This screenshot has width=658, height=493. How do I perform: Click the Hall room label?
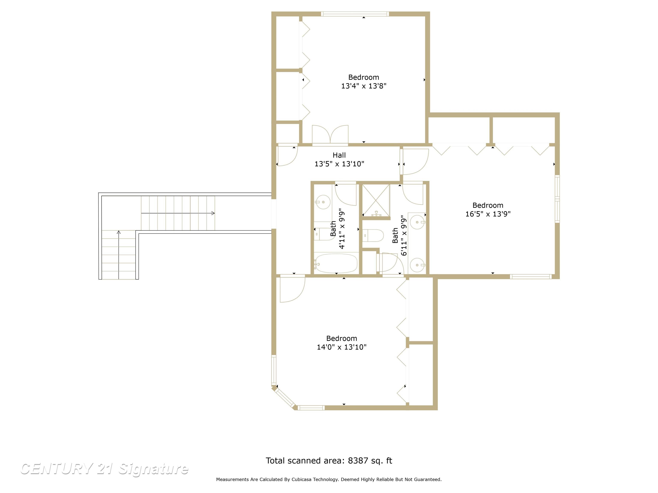click(339, 155)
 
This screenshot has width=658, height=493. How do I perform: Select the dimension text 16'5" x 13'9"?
click(488, 214)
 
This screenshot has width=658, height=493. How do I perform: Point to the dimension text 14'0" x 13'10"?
click(341, 347)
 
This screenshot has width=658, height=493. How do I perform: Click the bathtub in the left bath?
click(336, 263)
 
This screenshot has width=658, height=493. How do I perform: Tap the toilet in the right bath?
click(373, 235)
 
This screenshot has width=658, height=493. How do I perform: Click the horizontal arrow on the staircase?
click(178, 213)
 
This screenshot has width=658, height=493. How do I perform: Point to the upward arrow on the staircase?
click(119, 255)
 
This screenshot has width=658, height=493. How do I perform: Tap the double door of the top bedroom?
click(330, 135)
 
